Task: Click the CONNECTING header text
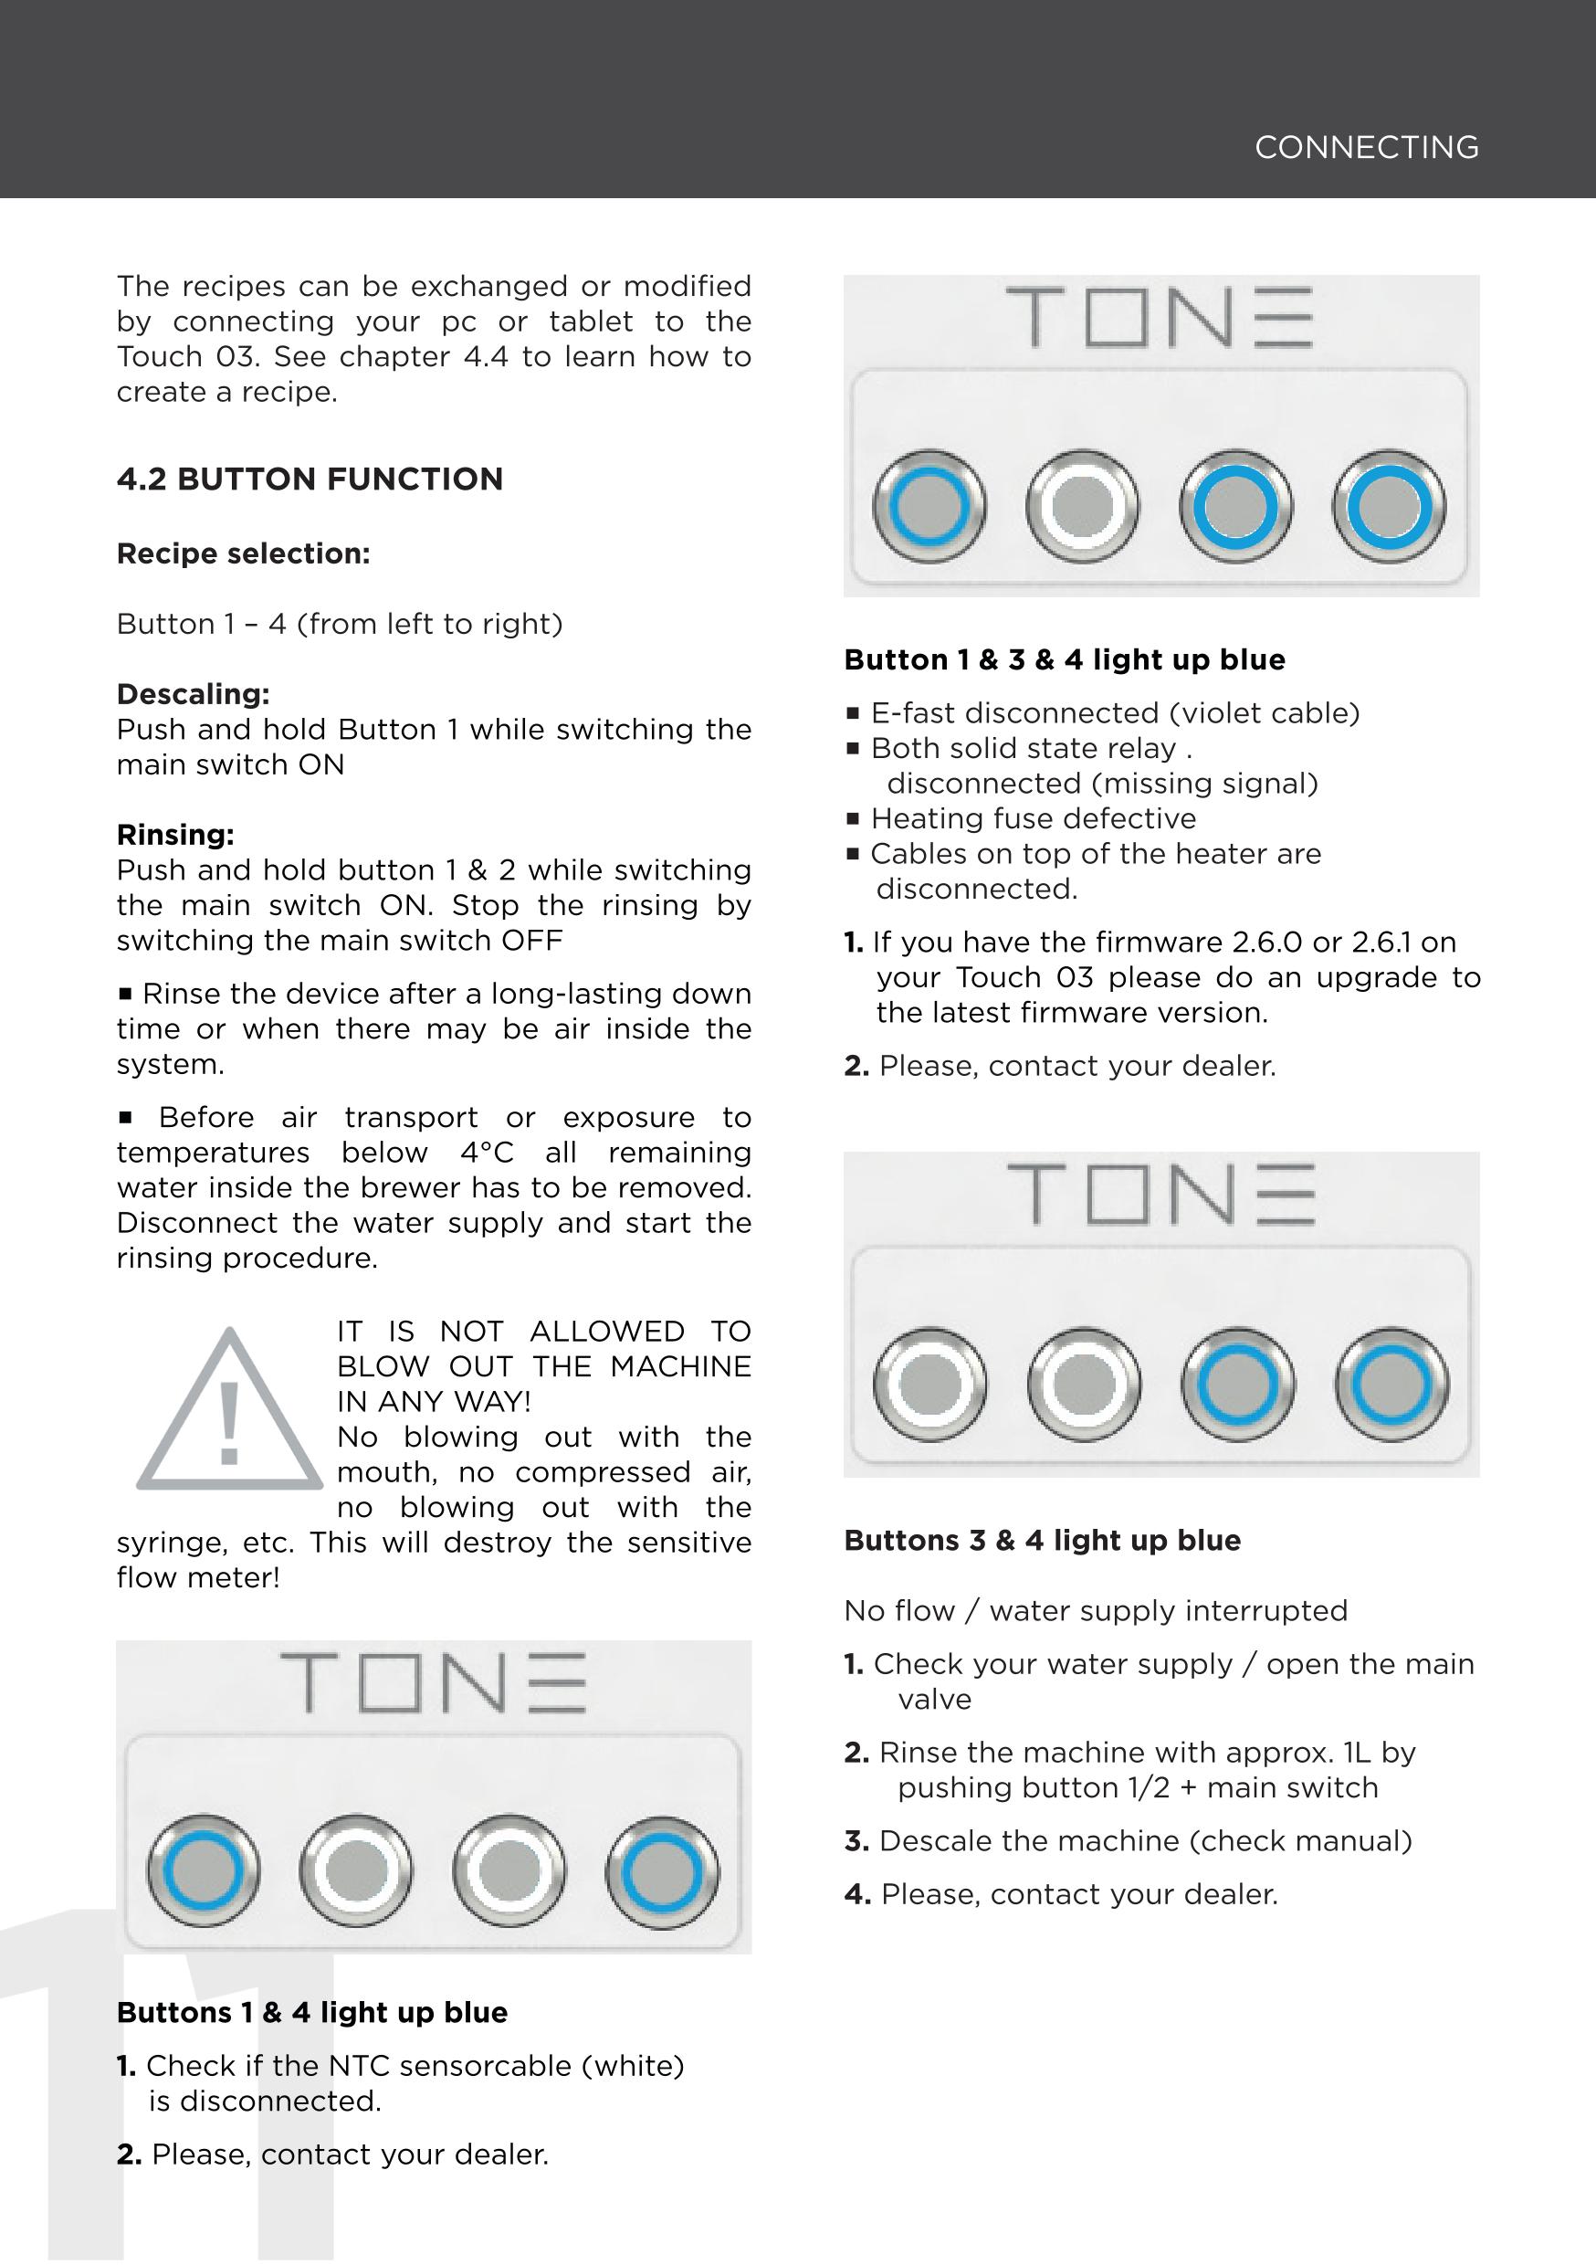1366,148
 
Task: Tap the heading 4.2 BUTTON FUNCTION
310,479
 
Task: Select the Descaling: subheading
194,693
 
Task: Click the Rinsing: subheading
175,835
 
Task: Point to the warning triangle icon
229,1413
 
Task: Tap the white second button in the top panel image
1082,506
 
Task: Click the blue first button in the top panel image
929,506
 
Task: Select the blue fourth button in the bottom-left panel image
662,1871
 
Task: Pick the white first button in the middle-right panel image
930,1384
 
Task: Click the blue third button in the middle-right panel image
1237,1384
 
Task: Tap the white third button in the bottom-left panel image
509,1871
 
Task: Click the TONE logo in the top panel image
1160,318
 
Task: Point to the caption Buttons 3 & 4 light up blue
1042,1540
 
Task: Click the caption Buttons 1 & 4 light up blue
311,2012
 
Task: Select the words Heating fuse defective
1033,819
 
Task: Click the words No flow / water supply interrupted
1095,1611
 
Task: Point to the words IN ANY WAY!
434,1401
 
